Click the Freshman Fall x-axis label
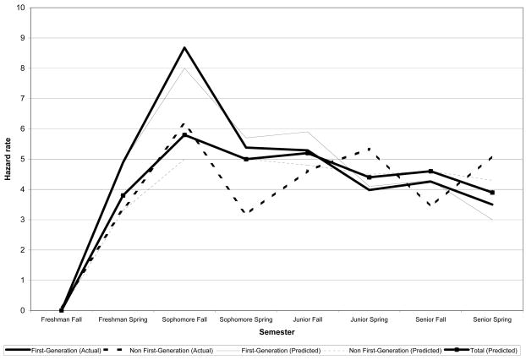click(61, 320)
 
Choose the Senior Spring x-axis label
click(491, 320)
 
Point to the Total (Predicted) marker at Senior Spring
click(491, 193)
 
